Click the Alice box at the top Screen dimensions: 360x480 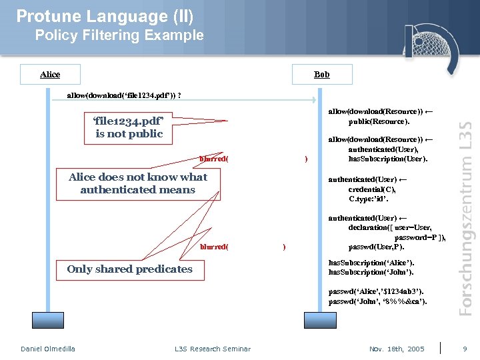tap(50, 74)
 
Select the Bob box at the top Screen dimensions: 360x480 tap(321, 74)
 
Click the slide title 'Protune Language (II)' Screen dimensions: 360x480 tap(105, 15)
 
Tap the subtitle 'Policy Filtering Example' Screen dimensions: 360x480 tap(119, 35)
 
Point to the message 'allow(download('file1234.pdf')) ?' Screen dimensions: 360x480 tap(125, 95)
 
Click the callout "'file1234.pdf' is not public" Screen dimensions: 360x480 tap(129, 127)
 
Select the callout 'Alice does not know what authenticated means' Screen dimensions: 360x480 tap(137, 183)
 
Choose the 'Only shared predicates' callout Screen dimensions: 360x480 tap(129, 269)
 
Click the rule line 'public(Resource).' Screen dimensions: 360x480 tap(379, 121)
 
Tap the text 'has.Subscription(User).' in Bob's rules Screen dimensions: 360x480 tap(387, 159)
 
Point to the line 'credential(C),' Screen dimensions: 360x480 tap(371, 189)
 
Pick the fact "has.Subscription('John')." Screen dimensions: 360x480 tap(371, 272)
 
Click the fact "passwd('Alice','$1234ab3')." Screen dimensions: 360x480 tap(375, 291)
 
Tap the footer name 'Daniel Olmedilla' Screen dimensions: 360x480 tap(48, 349)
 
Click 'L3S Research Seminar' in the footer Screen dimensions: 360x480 tap(213, 349)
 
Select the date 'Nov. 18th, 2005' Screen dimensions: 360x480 tap(397, 349)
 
